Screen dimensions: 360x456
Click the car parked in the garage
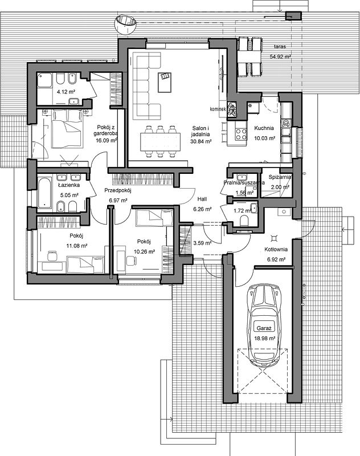point(264,325)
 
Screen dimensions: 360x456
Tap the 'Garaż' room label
point(264,328)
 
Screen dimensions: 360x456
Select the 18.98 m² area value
point(265,338)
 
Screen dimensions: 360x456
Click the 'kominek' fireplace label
point(218,109)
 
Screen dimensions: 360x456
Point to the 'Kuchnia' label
point(264,128)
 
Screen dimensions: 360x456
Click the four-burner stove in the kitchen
point(241,135)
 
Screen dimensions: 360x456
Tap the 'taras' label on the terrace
point(280,46)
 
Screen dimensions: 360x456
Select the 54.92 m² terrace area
point(280,57)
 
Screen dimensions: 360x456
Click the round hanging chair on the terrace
point(125,24)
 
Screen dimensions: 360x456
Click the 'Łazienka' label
point(69,185)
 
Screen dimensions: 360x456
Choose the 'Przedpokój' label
point(118,190)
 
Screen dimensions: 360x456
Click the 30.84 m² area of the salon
point(201,141)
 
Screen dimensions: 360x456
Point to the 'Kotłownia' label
point(276,249)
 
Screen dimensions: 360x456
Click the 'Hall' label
point(202,199)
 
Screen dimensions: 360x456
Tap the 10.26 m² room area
point(144,251)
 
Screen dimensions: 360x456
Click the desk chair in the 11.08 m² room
point(52,255)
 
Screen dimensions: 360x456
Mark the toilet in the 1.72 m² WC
point(244,221)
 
